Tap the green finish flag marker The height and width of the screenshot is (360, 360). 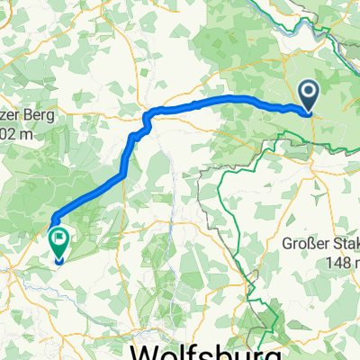click(59, 242)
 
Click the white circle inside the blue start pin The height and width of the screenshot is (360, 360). click(308, 91)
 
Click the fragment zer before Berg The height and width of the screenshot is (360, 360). click(12, 115)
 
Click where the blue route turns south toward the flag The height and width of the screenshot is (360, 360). click(53, 217)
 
